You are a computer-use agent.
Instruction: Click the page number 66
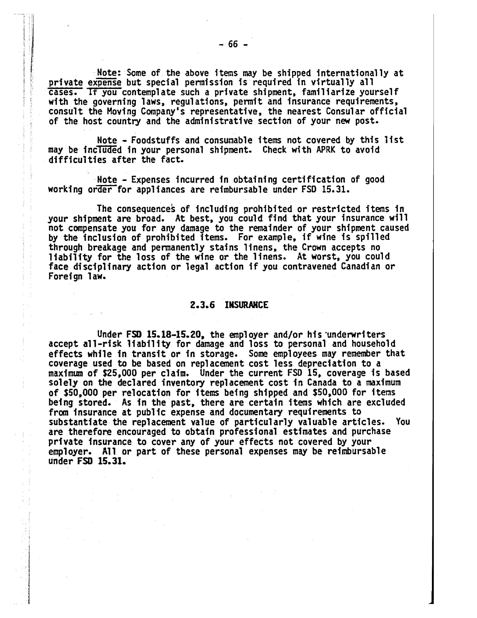(x=233, y=44)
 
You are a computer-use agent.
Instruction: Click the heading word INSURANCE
(x=246, y=305)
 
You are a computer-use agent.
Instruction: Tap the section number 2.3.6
(x=202, y=305)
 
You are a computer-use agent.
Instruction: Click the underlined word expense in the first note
(x=105, y=83)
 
